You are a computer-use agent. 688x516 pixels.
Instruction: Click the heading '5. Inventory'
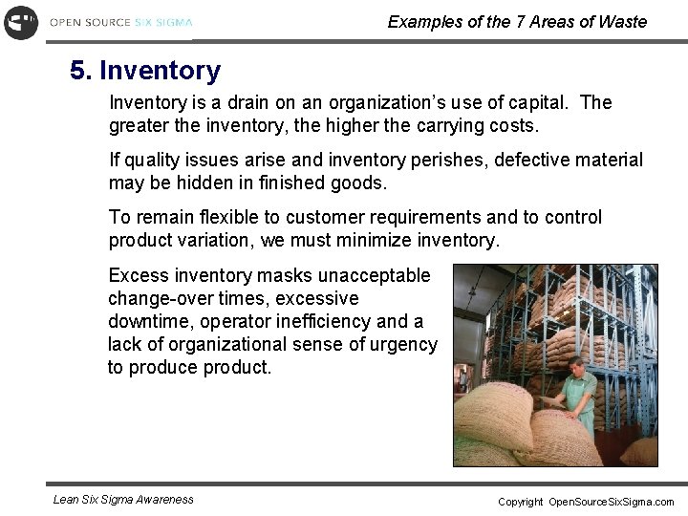[x=145, y=71]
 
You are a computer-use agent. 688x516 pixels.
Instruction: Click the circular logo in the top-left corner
[x=21, y=22]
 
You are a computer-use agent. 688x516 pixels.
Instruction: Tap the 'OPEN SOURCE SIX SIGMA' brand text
[x=121, y=22]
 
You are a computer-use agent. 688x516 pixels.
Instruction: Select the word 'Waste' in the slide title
[x=622, y=22]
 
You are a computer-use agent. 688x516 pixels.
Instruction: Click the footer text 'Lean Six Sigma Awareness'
[x=123, y=499]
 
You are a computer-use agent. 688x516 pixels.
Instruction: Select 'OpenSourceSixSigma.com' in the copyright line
[x=611, y=502]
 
